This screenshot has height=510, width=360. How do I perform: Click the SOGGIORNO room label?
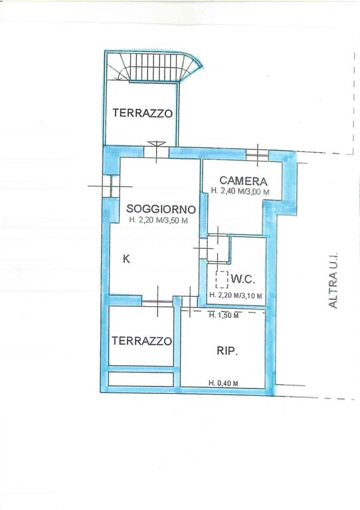161,209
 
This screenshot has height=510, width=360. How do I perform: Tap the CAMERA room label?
243,181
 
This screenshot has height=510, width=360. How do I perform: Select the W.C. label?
243,279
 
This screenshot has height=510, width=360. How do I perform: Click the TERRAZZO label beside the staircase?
142,113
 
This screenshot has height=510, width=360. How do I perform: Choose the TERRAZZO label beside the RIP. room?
141,341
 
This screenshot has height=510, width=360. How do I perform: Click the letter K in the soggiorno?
126,259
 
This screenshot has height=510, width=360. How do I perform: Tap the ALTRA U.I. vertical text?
333,280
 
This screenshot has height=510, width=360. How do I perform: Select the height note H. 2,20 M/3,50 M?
158,220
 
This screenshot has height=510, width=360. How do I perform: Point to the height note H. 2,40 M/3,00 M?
240,191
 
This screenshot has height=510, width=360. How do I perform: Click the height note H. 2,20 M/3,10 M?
236,296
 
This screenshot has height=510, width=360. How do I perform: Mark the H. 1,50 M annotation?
224,315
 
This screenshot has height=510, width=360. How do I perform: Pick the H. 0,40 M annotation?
223,383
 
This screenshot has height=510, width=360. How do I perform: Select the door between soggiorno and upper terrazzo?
156,151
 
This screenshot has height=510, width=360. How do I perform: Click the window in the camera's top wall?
257,155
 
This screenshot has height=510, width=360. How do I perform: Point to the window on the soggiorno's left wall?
110,187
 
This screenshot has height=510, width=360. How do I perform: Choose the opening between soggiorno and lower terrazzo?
157,302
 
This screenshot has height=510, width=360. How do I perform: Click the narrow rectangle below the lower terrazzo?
141,379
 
